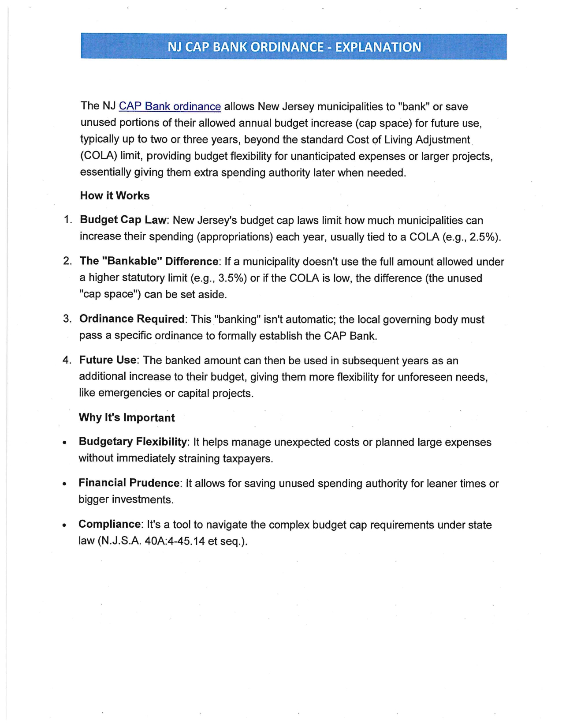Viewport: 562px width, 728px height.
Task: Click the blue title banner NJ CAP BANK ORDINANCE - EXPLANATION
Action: coord(294,47)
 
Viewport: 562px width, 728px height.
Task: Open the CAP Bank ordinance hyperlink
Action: coord(170,106)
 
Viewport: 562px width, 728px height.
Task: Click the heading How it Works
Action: coord(115,195)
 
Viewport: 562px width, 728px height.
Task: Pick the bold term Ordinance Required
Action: coord(131,319)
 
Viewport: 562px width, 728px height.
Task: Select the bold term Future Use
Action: coord(108,360)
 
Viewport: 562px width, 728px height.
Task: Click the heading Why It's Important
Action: coord(127,417)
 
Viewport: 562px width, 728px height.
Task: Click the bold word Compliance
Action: coord(109,524)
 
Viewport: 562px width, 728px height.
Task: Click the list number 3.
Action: coord(67,319)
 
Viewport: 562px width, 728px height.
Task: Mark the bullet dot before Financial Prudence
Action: coord(65,484)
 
